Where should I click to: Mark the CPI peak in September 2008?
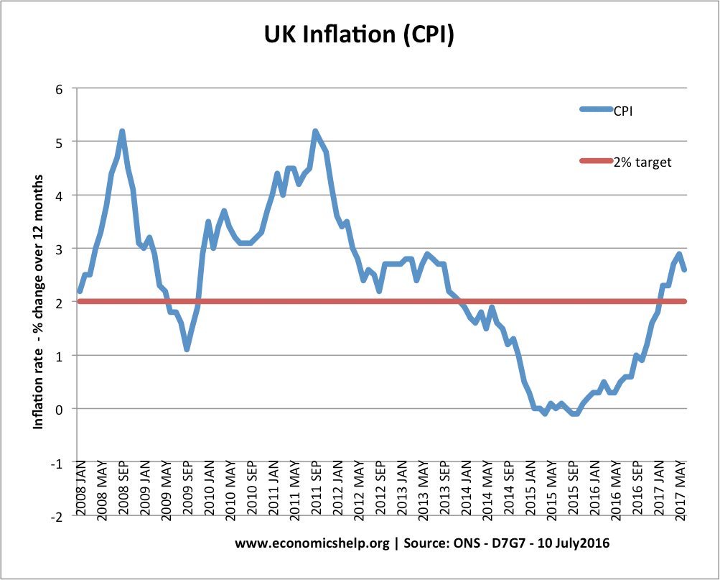122,132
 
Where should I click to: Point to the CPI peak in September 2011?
315,132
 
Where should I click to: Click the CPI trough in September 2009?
187,349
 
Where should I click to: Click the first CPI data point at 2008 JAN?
80,291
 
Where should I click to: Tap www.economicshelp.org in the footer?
312,543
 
